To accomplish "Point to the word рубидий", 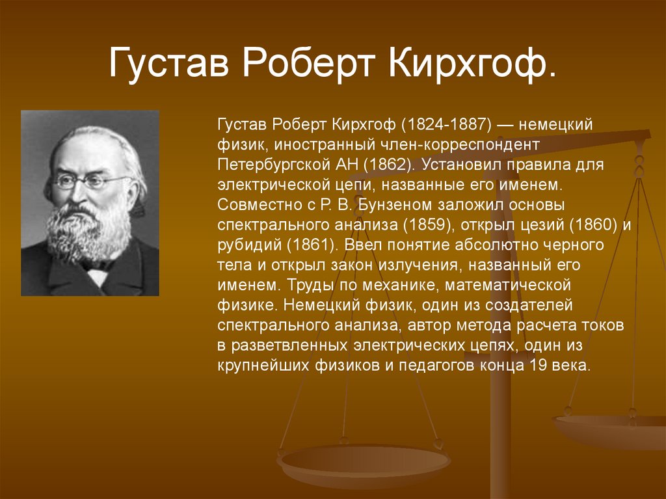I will click(243, 245).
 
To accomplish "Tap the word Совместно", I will click(250, 205).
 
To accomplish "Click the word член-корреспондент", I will click(465, 144).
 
